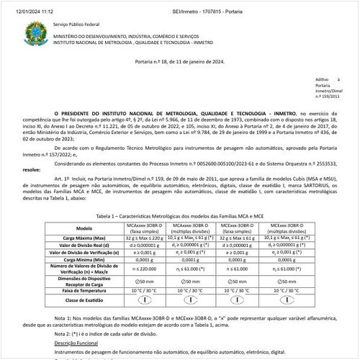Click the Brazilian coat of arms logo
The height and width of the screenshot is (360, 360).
click(x=33, y=32)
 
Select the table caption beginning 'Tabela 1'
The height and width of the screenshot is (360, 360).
click(x=180, y=216)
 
